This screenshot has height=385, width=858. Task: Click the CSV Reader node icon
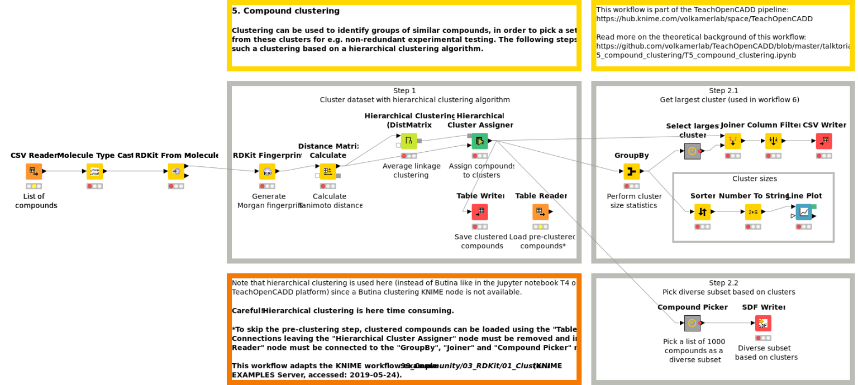point(34,171)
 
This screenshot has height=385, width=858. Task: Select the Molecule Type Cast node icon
point(94,171)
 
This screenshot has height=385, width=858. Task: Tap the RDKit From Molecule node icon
point(176,171)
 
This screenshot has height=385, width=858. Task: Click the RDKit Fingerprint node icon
point(267,171)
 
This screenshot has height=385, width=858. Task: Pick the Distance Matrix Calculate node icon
point(328,171)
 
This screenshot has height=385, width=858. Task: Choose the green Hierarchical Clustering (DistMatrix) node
point(409,141)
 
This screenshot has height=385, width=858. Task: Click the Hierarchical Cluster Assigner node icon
point(479,141)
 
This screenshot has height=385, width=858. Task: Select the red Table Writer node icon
point(479,212)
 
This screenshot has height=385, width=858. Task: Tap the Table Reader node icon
point(540,212)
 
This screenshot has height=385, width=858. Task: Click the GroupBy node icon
point(632,171)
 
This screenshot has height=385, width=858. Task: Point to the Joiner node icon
point(733,141)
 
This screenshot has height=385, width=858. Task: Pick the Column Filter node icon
point(774,141)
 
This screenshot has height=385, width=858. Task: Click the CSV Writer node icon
point(824,141)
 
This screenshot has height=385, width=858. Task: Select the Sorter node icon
point(703,212)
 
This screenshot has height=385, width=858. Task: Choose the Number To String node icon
point(753,212)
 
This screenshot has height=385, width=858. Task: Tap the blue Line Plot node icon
point(804,212)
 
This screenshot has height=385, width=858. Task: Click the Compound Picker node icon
point(692,323)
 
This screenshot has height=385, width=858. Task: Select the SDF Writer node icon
point(763,323)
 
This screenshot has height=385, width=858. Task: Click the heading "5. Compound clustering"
point(285,11)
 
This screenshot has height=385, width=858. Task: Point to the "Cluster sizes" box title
point(754,179)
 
